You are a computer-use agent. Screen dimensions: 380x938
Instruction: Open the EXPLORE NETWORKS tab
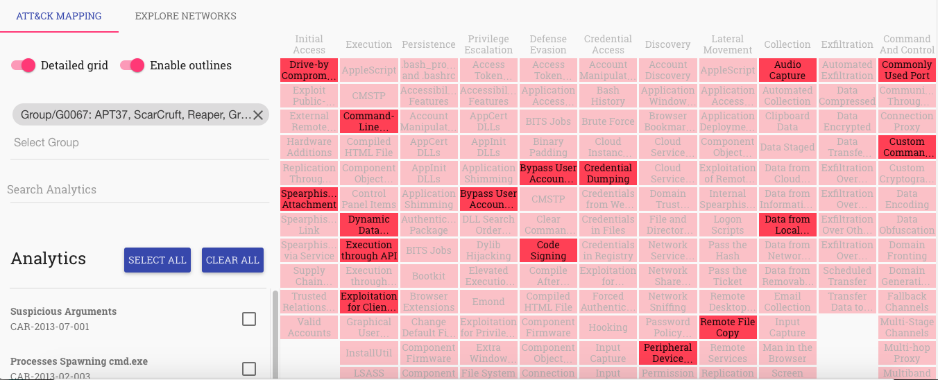click(x=185, y=16)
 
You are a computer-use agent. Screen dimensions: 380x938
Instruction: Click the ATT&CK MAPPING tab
click(x=59, y=16)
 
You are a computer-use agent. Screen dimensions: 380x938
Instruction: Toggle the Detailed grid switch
click(x=24, y=65)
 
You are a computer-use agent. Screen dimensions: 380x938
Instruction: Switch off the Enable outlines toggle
click(x=133, y=65)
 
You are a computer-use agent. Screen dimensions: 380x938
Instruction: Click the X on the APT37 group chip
click(x=257, y=115)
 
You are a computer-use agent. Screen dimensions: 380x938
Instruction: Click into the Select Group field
click(x=139, y=143)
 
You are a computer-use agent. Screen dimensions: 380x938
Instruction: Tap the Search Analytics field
click(x=139, y=189)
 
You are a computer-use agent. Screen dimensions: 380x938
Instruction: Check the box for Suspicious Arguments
click(x=248, y=319)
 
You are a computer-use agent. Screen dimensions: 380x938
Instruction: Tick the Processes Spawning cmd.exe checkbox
click(x=248, y=369)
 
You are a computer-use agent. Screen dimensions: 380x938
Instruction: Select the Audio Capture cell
click(x=787, y=70)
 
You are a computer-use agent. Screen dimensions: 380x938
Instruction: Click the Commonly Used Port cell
click(x=907, y=70)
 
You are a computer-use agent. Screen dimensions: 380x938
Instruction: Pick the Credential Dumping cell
click(x=608, y=173)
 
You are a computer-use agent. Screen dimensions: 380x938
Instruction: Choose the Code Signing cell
click(x=548, y=250)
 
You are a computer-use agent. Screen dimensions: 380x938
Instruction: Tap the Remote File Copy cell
click(x=727, y=327)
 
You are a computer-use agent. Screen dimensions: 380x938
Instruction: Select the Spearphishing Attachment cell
click(x=309, y=199)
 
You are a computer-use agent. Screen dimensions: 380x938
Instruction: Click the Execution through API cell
click(x=369, y=250)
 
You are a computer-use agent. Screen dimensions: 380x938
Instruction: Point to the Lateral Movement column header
click(x=727, y=44)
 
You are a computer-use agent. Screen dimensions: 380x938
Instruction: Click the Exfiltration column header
click(x=847, y=44)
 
